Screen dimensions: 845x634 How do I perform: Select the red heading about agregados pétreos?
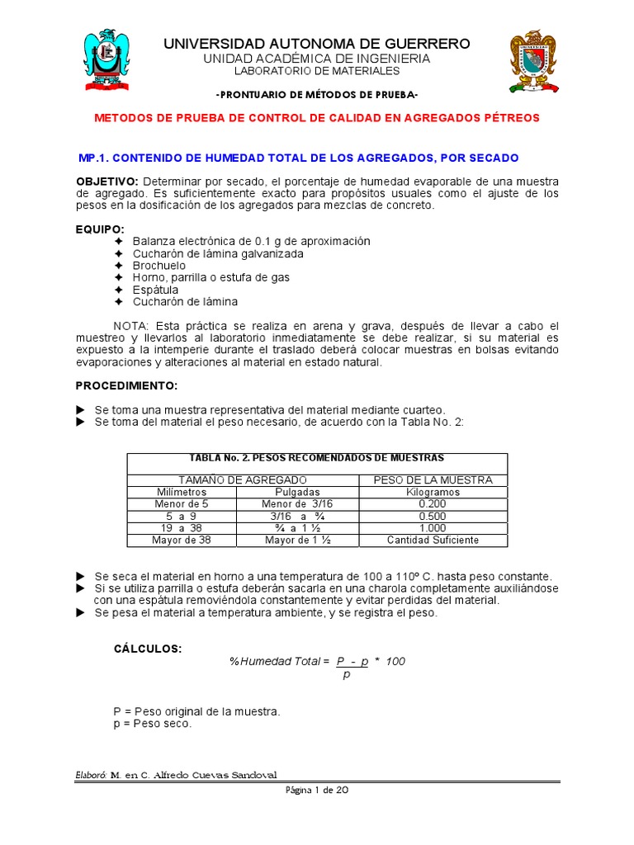[317, 118]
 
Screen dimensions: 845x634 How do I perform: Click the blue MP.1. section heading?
[297, 158]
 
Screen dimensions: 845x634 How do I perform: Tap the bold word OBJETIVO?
[107, 181]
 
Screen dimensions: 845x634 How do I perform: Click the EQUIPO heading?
[100, 229]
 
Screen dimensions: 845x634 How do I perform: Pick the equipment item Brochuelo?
[159, 266]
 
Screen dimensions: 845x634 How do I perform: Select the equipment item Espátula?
[155, 290]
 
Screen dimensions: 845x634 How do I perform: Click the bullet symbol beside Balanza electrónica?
[119, 241]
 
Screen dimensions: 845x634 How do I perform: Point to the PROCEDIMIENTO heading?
[126, 385]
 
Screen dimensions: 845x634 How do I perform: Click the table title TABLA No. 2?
[317, 457]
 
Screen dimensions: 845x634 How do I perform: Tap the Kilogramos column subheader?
[433, 492]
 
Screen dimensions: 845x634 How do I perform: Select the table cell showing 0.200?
[433, 503]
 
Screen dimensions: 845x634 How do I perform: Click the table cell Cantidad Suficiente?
[433, 541]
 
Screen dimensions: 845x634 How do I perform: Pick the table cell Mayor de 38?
[182, 541]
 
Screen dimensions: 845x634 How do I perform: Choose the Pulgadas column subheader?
[297, 492]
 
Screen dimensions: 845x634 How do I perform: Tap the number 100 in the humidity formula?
[395, 662]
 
